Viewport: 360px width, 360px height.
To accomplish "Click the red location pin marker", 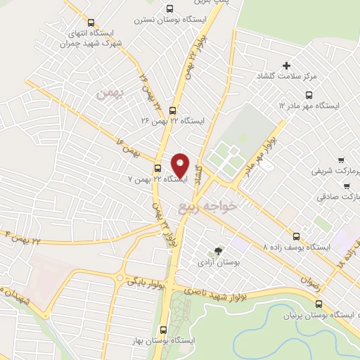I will click(180, 164).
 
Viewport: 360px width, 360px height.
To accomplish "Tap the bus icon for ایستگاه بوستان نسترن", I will click(169, 9).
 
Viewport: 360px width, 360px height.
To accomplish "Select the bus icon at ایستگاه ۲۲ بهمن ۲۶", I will click(173, 110).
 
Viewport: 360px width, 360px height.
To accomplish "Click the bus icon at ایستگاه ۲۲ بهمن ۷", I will click(157, 168).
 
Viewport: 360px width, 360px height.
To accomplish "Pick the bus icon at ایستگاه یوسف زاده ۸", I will click(296, 237).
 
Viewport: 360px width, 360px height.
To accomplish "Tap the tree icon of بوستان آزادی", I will click(218, 250).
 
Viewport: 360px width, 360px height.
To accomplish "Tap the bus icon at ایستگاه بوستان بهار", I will click(165, 329).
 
